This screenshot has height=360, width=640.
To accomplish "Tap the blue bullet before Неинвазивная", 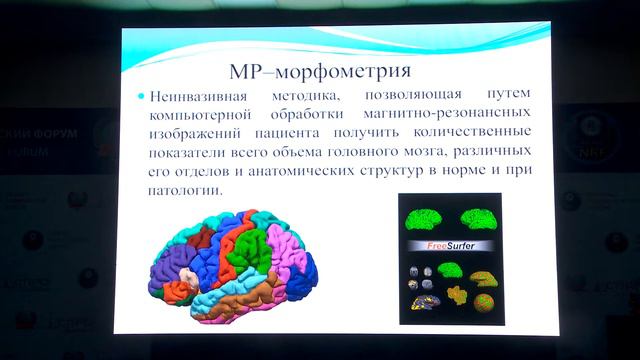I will [142, 97].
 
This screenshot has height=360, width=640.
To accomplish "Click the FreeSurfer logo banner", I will [448, 246].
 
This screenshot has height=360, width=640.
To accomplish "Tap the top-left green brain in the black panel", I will [423, 219].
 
